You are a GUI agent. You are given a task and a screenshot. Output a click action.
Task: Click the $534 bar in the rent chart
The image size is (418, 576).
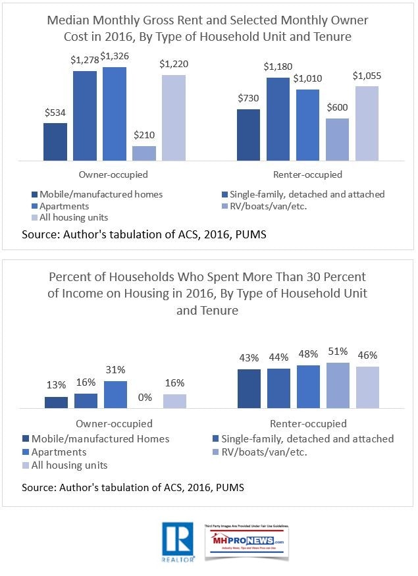click(x=55, y=142)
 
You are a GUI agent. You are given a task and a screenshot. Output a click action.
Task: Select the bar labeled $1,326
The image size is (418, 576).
click(x=114, y=114)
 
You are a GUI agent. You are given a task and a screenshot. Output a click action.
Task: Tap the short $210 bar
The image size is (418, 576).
click(x=144, y=153)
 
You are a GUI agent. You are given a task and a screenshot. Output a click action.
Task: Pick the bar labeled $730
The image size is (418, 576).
click(x=249, y=135)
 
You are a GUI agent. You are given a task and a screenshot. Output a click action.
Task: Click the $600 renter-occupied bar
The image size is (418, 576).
click(x=337, y=140)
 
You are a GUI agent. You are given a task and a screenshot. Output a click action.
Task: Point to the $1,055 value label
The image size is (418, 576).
click(x=367, y=76)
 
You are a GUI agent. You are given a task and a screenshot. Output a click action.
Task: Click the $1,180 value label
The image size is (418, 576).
click(x=278, y=66)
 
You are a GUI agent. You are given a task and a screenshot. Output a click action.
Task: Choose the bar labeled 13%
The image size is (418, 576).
click(x=56, y=403)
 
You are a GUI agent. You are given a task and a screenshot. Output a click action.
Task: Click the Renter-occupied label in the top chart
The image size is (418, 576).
click(x=307, y=174)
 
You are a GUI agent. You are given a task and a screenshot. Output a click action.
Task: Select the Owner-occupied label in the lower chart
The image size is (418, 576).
click(x=115, y=423)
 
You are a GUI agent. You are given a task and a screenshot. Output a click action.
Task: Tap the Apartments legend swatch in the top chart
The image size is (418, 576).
click(x=34, y=206)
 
